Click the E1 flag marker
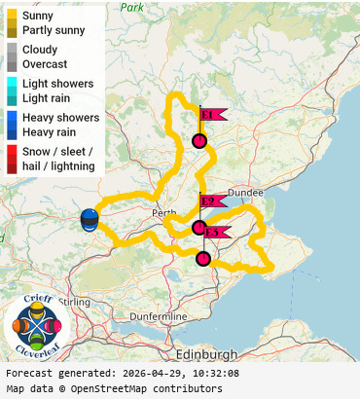click(x=211, y=115)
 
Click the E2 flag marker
click(x=211, y=202)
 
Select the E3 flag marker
click(x=215, y=233)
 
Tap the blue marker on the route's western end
click(x=90, y=219)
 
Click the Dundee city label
click(x=245, y=193)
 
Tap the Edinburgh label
click(x=207, y=353)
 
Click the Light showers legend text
click(x=60, y=83)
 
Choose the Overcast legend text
click(x=45, y=63)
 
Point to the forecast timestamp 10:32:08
click(x=208, y=373)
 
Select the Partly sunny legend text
click(x=54, y=30)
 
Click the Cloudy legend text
click(x=40, y=49)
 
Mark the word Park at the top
click(x=131, y=7)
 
